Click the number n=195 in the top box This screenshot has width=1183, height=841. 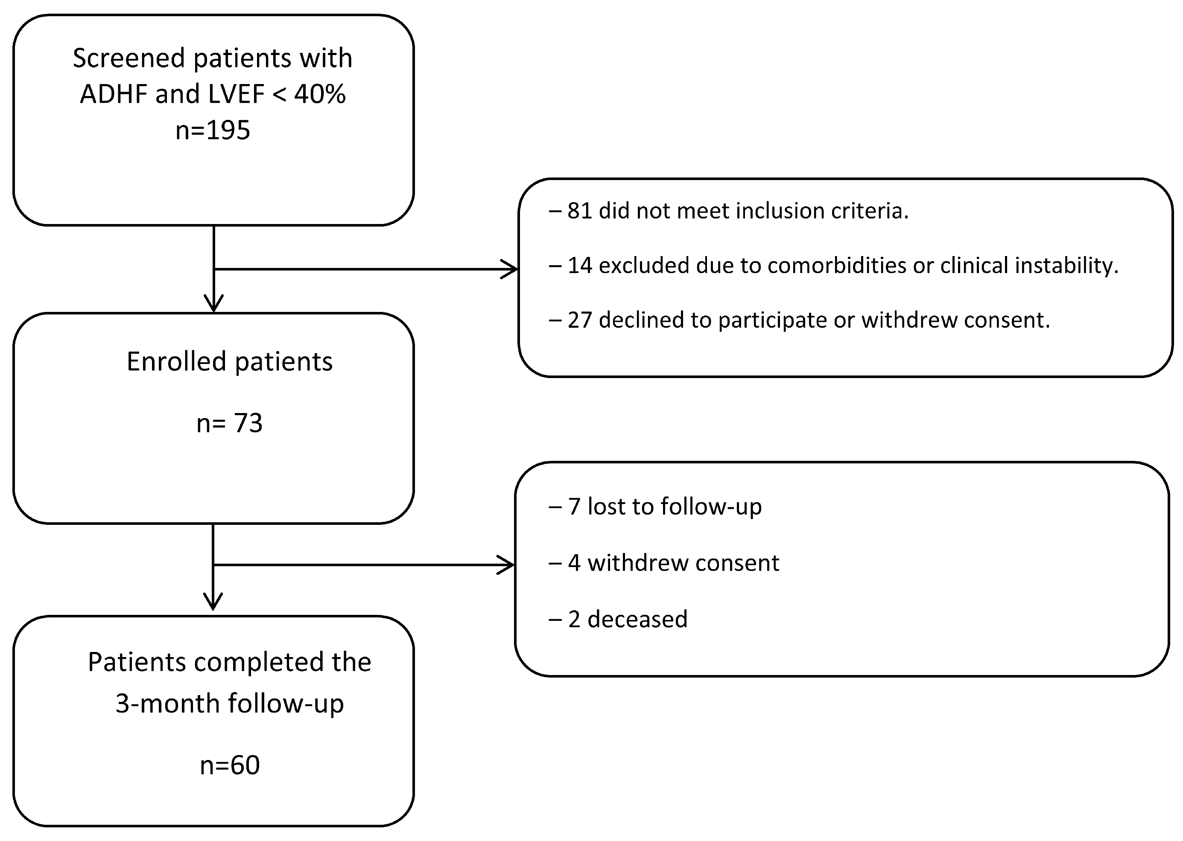tap(213, 131)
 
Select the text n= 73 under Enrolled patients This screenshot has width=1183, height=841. tap(229, 423)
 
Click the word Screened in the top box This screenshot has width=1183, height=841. tap(128, 58)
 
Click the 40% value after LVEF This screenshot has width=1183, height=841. tap(320, 94)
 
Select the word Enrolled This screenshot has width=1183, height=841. tap(176, 361)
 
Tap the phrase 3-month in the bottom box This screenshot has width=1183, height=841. tap(167, 703)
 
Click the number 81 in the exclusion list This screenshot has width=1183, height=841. tap(579, 211)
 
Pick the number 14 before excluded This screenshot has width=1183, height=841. tap(579, 265)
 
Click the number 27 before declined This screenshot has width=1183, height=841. tap(579, 320)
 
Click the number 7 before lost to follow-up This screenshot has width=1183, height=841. tap(574, 506)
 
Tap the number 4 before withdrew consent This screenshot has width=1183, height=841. tap(574, 563)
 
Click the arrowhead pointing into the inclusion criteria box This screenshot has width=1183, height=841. tap(511, 269)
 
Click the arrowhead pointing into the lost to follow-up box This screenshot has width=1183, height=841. tap(507, 565)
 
